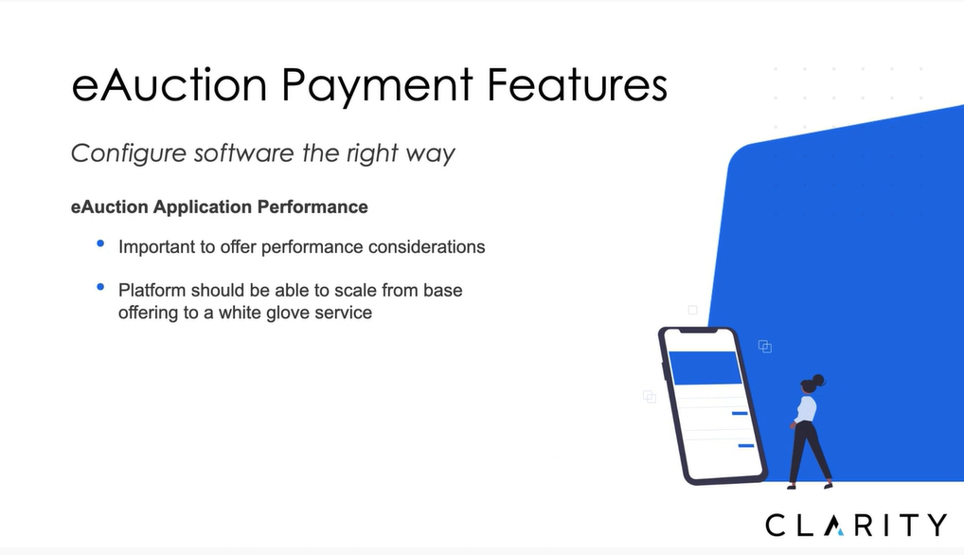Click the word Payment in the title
[x=377, y=87]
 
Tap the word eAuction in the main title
[x=170, y=84]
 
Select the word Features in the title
[x=577, y=84]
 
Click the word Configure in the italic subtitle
[x=129, y=153]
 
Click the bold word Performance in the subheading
[x=312, y=207]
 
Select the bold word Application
[x=203, y=207]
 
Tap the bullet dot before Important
[x=100, y=244]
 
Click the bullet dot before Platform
[x=100, y=287]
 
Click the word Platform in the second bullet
[x=152, y=290]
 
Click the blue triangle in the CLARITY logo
[x=841, y=532]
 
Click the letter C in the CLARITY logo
[x=776, y=526]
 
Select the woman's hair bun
[x=818, y=379]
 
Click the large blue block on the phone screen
[x=705, y=367]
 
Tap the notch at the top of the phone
[x=698, y=331]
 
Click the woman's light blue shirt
[x=806, y=409]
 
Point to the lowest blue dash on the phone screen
[x=746, y=445]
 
